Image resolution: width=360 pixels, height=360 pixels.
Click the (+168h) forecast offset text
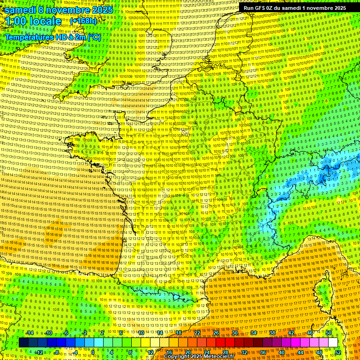83,21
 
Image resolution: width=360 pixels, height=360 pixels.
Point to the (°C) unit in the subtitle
93,37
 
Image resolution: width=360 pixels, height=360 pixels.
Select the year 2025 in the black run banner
337,8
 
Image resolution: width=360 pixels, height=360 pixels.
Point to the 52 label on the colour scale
338,352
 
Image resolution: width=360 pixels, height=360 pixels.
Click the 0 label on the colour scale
93,352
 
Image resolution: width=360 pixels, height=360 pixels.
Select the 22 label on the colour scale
197,333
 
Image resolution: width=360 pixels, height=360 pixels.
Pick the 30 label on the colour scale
235,333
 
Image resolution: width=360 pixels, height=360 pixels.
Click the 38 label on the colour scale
272,333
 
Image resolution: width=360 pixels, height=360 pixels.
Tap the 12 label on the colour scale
150,352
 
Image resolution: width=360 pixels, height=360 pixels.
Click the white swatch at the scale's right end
333,343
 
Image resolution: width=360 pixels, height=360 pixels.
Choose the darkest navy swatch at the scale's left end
23,343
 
